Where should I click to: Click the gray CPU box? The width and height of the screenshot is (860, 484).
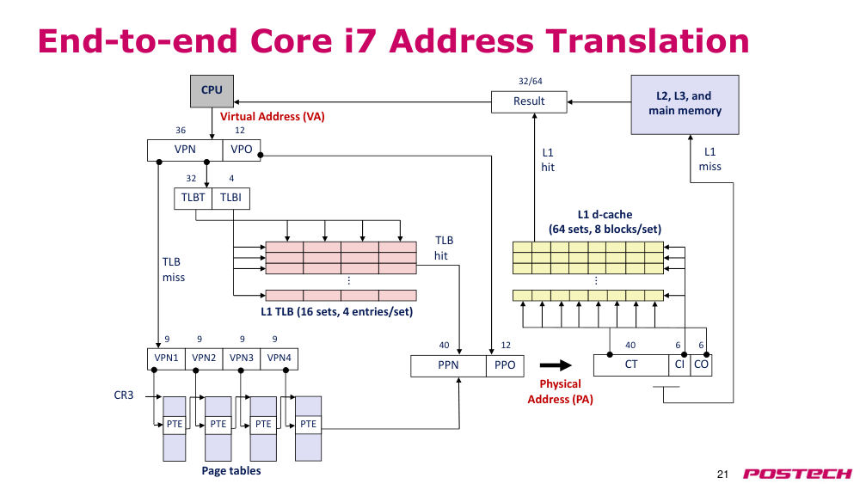click(x=212, y=91)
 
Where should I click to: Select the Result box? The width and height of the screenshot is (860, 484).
click(x=529, y=102)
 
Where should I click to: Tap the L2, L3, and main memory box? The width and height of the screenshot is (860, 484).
click(x=685, y=105)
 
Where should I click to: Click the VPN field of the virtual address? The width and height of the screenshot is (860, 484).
click(x=185, y=150)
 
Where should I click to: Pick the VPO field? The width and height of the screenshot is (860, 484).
click(x=242, y=150)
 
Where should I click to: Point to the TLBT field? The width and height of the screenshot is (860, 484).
click(x=193, y=199)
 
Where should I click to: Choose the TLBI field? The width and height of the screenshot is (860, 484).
click(x=230, y=199)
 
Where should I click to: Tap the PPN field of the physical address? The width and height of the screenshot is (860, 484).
click(x=448, y=365)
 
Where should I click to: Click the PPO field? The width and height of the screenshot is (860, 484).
click(x=505, y=365)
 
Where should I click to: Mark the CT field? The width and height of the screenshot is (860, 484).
click(x=631, y=365)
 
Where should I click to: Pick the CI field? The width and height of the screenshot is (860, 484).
click(x=679, y=365)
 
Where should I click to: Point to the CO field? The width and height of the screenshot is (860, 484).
click(x=701, y=365)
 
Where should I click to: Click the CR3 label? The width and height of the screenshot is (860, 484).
click(x=123, y=395)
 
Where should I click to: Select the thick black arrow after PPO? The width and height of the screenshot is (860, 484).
click(x=556, y=365)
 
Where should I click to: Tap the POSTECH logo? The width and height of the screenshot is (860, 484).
click(x=797, y=474)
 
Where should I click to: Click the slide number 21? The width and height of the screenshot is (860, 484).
click(x=722, y=475)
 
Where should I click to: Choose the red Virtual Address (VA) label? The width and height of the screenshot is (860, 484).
click(x=272, y=117)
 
